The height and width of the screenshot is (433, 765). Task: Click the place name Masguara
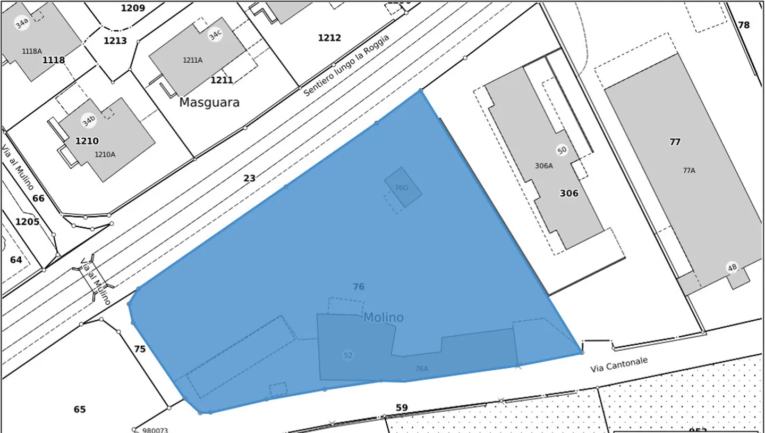(x=209, y=103)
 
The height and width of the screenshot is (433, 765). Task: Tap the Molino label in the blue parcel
(x=383, y=318)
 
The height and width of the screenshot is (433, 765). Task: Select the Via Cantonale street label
(x=619, y=364)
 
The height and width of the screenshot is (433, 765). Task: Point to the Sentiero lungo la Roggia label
(x=346, y=65)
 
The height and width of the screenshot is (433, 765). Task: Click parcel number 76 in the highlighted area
(x=359, y=287)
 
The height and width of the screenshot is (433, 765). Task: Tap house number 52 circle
(x=348, y=355)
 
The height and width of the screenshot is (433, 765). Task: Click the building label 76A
(x=421, y=369)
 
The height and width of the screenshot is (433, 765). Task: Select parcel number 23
(x=249, y=179)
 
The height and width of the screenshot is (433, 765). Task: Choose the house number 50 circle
(x=562, y=150)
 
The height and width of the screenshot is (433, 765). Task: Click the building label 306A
(x=543, y=166)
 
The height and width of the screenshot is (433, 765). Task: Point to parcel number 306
(x=568, y=193)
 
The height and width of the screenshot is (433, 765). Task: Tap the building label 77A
(x=688, y=171)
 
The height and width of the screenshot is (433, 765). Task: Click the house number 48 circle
(x=733, y=268)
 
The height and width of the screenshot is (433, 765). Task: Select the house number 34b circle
(x=89, y=121)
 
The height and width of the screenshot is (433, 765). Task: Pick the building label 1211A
(x=193, y=61)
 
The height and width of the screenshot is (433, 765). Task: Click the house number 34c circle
(x=215, y=35)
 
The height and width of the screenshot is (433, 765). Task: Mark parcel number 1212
(x=329, y=38)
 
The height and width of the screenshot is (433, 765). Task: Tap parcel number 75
(x=140, y=349)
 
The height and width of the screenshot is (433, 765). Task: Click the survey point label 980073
(x=155, y=430)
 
